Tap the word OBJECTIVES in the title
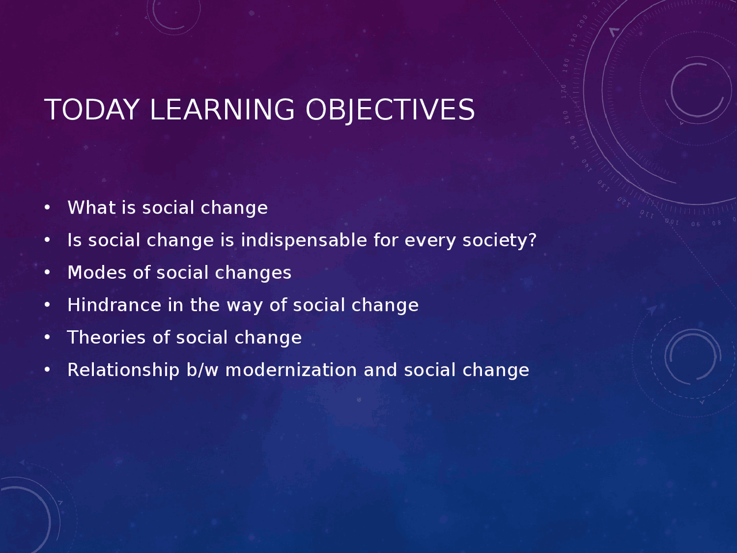tap(390, 110)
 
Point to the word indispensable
tap(303, 240)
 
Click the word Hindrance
tap(114, 305)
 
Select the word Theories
tap(107, 338)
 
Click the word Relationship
tap(123, 370)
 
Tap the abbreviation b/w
tap(203, 370)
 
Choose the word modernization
tap(291, 370)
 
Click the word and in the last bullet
tap(380, 370)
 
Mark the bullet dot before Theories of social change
tap(47, 338)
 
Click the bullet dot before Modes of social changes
tap(47, 272)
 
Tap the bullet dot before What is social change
tap(47, 208)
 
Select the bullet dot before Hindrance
tap(47, 305)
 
